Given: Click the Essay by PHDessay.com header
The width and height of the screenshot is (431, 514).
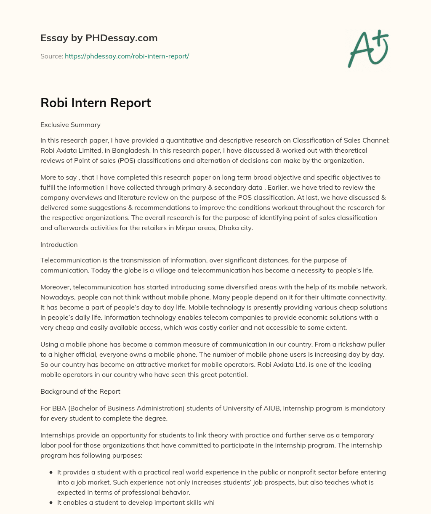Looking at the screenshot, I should (99, 38).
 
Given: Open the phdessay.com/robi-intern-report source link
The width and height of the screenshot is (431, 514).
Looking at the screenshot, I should (127, 56).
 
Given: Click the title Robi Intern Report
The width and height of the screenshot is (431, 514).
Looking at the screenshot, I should (96, 103).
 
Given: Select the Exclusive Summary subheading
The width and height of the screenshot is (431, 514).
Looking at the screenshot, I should (70, 125).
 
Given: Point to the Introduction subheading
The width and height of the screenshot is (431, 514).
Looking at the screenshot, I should (59, 244).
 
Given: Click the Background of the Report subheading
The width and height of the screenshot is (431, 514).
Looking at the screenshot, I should (80, 391).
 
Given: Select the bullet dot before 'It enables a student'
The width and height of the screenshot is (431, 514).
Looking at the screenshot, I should (51, 502).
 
